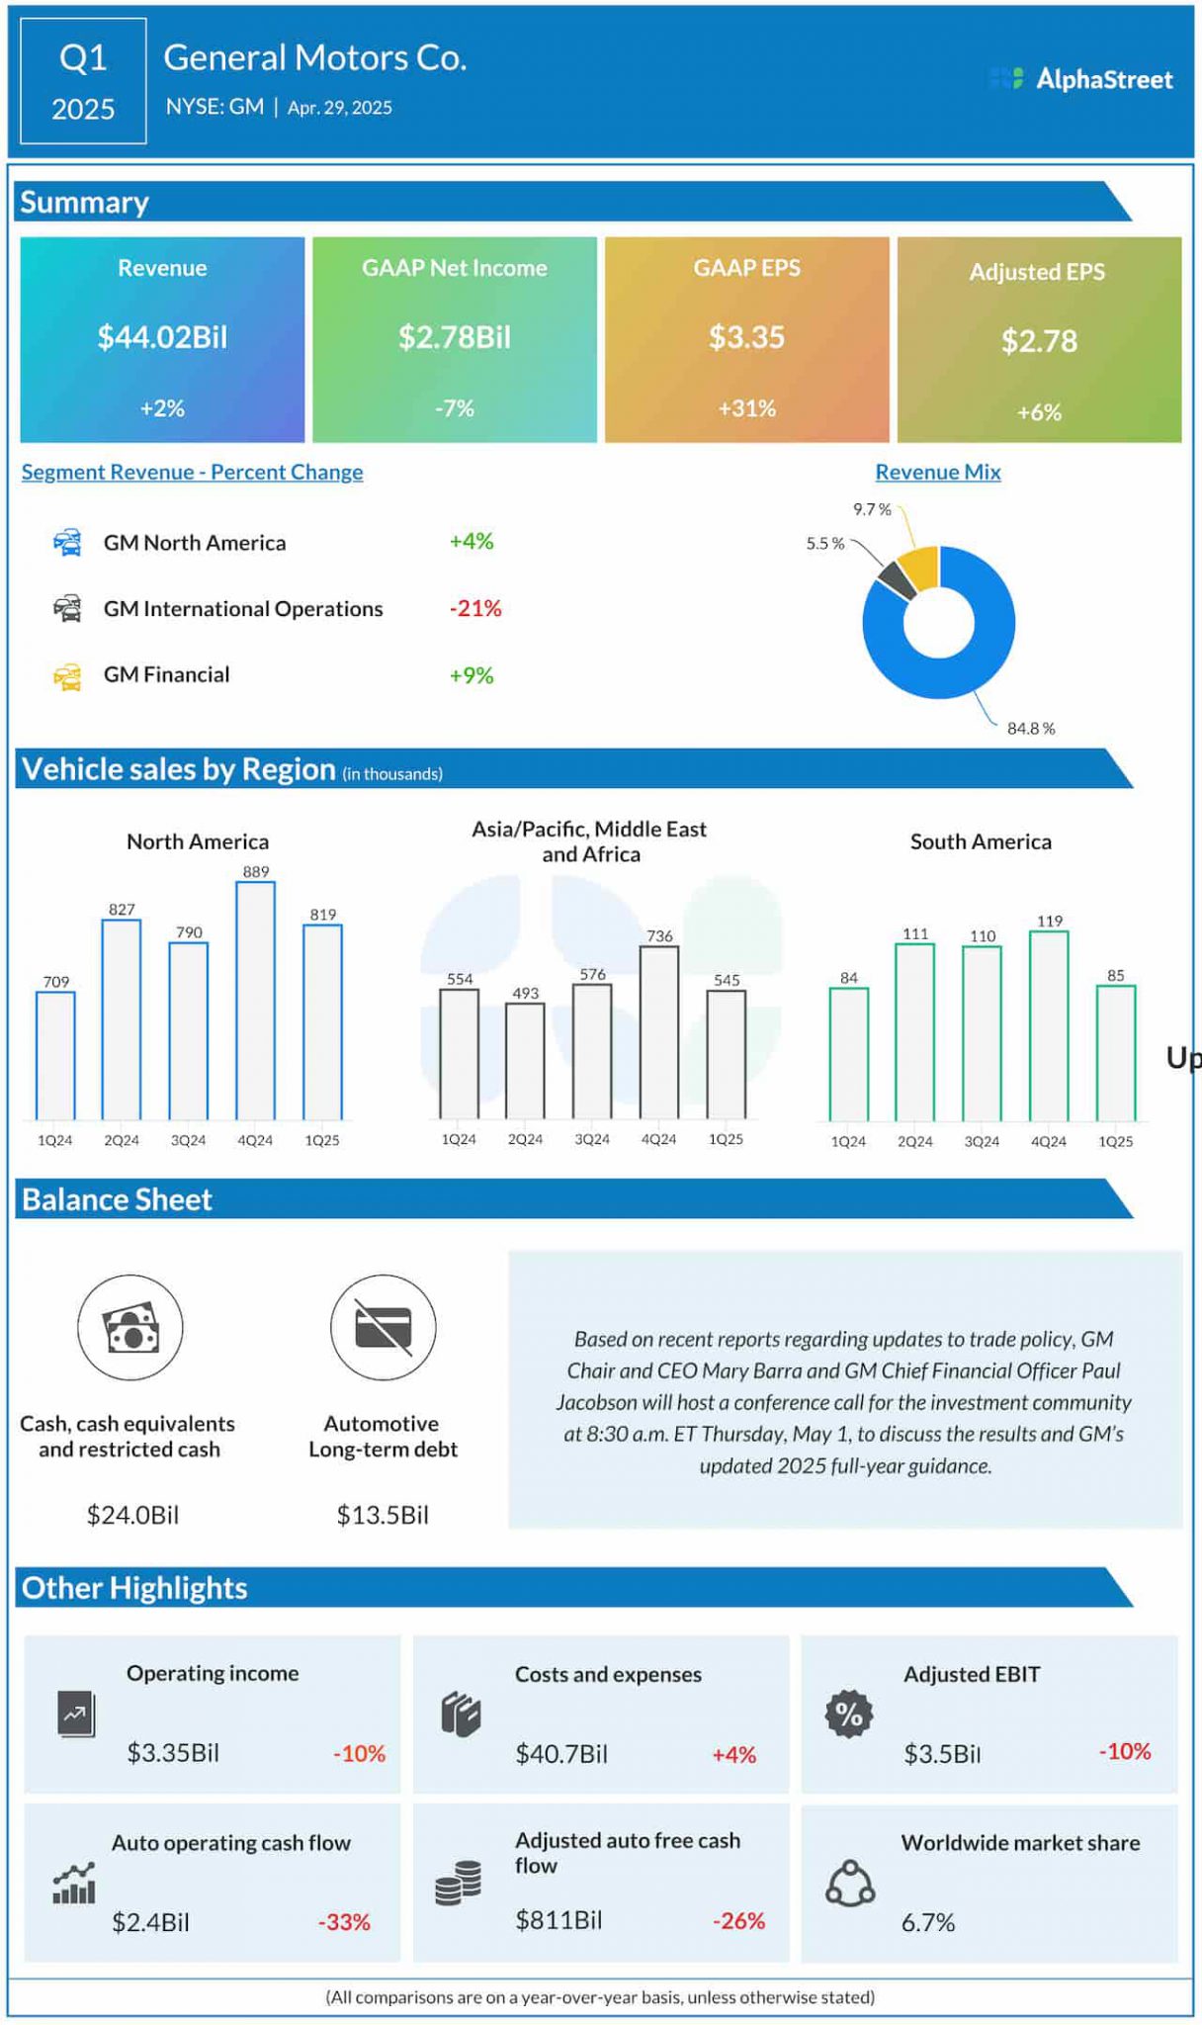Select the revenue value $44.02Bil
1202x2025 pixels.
coord(162,337)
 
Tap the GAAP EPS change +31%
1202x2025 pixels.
coord(746,408)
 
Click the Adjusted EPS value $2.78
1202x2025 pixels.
coord(1038,341)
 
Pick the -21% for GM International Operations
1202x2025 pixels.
coord(475,609)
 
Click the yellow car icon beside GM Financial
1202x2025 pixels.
coord(67,676)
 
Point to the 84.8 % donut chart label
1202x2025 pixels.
coord(1030,729)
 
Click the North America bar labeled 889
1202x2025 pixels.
coord(255,999)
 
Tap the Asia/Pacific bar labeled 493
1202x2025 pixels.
coord(525,1060)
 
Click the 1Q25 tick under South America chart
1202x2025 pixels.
coord(1115,1141)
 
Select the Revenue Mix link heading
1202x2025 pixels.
coord(937,473)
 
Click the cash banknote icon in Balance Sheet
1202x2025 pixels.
coord(130,1328)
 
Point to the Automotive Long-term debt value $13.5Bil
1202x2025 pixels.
coord(383,1515)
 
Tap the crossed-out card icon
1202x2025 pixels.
coord(383,1328)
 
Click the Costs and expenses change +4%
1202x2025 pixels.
coord(733,1755)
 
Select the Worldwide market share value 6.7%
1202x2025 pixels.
coord(927,1922)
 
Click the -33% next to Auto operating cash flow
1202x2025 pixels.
coord(344,1922)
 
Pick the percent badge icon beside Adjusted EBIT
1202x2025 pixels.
coord(849,1714)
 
